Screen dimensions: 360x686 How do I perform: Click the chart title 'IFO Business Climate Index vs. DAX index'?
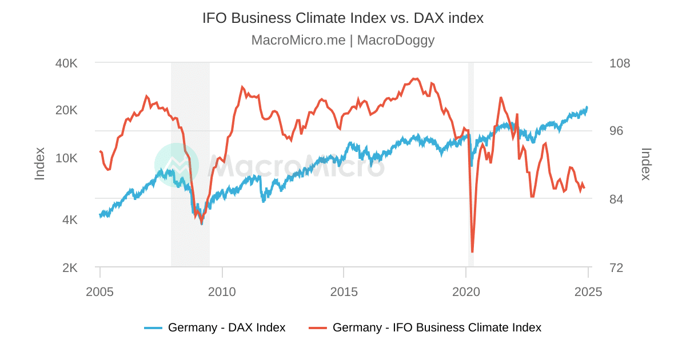[343, 18]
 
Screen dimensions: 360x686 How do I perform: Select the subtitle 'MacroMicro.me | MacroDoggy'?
[343, 40]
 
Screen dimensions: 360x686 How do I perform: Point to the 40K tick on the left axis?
[66, 63]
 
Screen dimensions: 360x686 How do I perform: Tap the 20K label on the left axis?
[66, 110]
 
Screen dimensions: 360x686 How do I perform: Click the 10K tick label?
[66, 158]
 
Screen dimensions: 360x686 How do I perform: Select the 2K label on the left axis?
[70, 267]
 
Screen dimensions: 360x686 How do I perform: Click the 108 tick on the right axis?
[620, 63]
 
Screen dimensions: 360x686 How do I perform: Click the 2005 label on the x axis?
[100, 292]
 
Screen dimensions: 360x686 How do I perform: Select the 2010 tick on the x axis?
[222, 292]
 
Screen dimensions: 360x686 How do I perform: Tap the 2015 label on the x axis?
[344, 292]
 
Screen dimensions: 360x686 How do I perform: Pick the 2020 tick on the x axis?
[466, 292]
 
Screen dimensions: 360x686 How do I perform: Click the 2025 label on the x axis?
[588, 292]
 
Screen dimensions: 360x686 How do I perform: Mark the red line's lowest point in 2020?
[472, 251]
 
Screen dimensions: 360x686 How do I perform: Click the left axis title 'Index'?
[39, 164]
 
